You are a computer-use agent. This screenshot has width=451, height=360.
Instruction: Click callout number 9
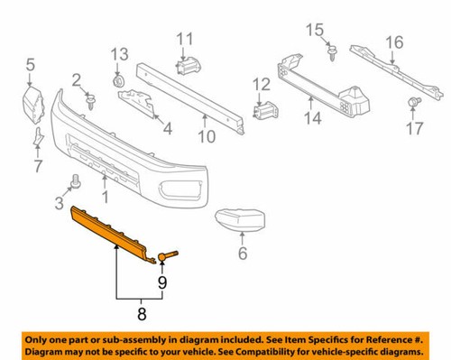[x=162, y=282]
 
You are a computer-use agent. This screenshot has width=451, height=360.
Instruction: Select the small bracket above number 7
[x=37, y=137]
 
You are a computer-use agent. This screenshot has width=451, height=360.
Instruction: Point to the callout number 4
[x=166, y=129]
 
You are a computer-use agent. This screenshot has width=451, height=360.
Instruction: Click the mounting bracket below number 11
[x=189, y=67]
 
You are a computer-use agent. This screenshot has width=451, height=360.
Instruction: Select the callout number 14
[x=312, y=115]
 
